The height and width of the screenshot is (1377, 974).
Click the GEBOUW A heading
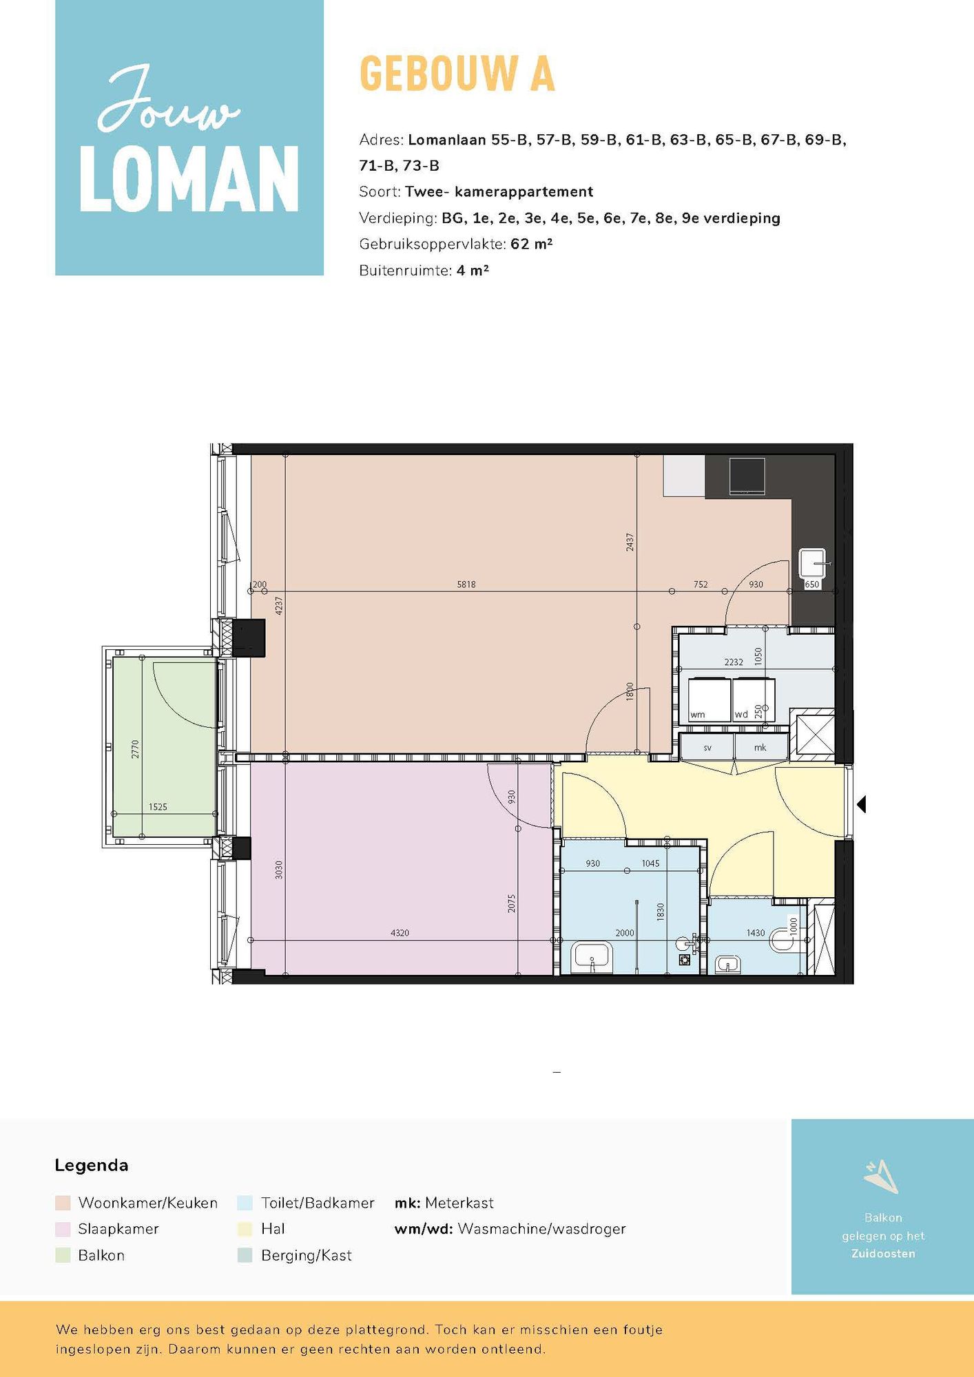(457, 74)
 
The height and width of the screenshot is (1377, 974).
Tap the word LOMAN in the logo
(189, 179)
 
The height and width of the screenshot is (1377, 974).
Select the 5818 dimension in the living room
(466, 585)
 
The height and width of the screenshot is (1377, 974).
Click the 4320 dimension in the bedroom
(400, 933)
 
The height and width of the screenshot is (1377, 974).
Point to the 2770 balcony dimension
(135, 749)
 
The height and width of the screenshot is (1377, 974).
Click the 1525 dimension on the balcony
(158, 807)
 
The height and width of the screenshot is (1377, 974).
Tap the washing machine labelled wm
(710, 700)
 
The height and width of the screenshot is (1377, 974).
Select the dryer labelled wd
(754, 700)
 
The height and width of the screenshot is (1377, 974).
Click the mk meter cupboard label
(760, 748)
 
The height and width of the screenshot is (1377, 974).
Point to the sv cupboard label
(707, 748)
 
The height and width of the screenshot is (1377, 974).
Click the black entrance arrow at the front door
(861, 803)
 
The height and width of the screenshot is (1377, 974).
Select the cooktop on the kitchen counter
(747, 476)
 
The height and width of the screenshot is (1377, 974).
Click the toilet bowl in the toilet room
(783, 940)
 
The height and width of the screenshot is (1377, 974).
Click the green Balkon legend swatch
(63, 1255)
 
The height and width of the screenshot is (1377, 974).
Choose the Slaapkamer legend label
(118, 1229)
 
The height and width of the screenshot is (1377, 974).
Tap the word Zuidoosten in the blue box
(883, 1254)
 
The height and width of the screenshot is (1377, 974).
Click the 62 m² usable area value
(532, 244)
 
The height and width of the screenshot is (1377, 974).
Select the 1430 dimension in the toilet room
(756, 933)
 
